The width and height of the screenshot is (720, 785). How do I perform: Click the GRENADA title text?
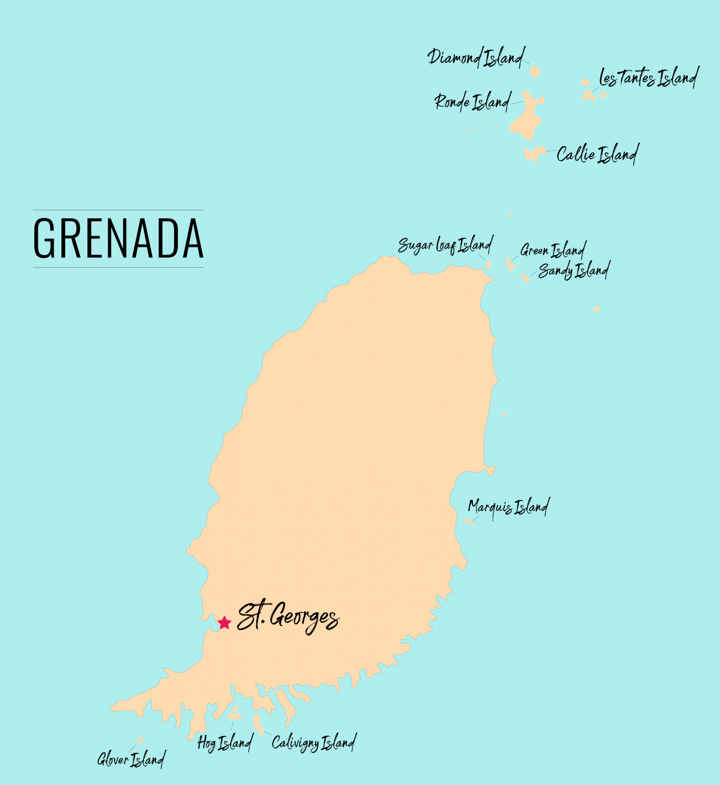coord(118,238)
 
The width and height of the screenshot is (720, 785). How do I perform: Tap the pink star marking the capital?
coord(224,622)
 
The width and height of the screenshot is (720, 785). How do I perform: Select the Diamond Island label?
coord(476,57)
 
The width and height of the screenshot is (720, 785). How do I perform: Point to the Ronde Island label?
coord(472,102)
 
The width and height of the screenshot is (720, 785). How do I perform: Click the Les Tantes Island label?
coord(649,78)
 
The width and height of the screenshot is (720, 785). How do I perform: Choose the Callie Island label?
coord(597,154)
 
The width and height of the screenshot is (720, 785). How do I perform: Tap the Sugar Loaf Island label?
coord(445,245)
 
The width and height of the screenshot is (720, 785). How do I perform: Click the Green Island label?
coord(553,250)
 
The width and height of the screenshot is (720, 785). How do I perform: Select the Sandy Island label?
coord(574,270)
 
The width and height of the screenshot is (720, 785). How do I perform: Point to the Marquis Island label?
coord(509,507)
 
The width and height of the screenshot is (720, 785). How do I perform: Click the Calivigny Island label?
coord(314,742)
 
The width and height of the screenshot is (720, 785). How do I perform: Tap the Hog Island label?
coord(225,743)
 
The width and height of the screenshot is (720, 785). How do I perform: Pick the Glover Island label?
coord(131,759)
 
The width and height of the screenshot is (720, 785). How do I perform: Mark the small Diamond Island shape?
coord(535,72)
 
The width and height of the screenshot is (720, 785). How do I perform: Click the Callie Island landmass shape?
coord(534,153)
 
